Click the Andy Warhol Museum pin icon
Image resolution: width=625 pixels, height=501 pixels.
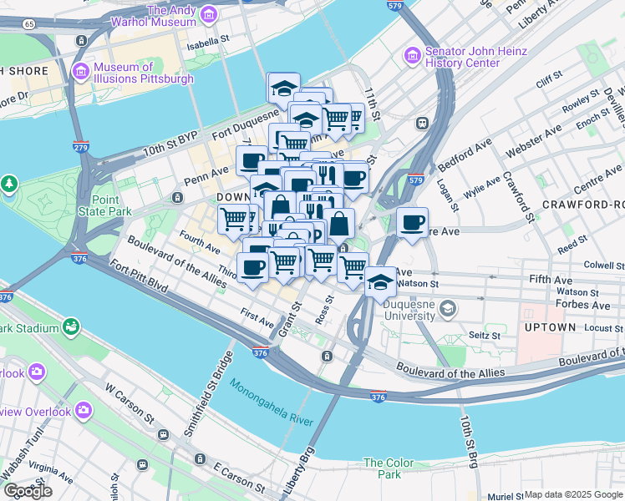[208, 15]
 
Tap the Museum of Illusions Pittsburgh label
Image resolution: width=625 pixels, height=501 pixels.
[144, 73]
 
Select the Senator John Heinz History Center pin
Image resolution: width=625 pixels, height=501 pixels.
[412, 56]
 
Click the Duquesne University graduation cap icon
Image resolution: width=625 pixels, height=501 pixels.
[448, 310]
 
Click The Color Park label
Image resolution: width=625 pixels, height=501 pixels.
[389, 468]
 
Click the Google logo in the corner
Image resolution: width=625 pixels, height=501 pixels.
[28, 491]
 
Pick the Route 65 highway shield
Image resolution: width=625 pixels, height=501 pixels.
[29, 24]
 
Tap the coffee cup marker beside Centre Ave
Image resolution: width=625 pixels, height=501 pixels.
[412, 223]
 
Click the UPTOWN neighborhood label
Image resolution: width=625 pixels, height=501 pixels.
[550, 327]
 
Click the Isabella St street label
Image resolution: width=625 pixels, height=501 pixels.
[208, 39]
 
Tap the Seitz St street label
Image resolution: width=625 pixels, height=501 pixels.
[484, 336]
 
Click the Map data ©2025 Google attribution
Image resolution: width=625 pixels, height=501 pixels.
[573, 494]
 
